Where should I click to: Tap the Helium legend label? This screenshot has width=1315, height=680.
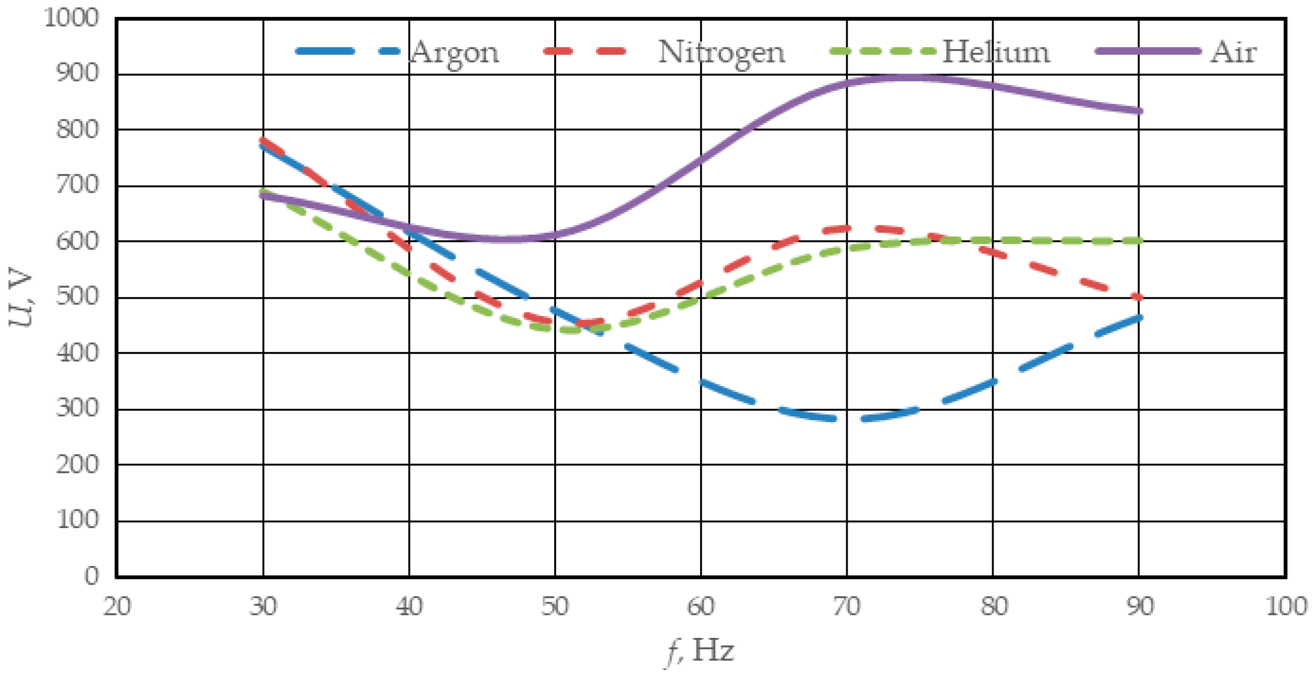click(x=995, y=51)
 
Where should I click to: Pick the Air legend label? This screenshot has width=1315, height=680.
click(x=1233, y=51)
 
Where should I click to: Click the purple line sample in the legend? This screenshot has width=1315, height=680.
click(x=1149, y=51)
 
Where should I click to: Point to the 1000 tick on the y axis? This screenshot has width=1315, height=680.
click(x=71, y=18)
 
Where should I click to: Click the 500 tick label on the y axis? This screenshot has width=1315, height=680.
click(x=77, y=296)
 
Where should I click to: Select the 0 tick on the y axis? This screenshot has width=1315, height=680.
click(x=92, y=575)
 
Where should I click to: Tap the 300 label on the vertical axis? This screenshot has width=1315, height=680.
click(x=77, y=408)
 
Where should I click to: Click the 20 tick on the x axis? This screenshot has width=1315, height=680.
click(x=117, y=607)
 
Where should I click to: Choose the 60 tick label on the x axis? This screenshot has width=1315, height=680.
click(x=700, y=607)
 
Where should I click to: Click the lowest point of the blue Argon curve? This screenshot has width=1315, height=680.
click(x=847, y=420)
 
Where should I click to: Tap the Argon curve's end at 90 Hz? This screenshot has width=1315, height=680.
click(x=1138, y=317)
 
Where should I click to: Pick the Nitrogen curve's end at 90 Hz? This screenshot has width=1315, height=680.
click(x=1138, y=297)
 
